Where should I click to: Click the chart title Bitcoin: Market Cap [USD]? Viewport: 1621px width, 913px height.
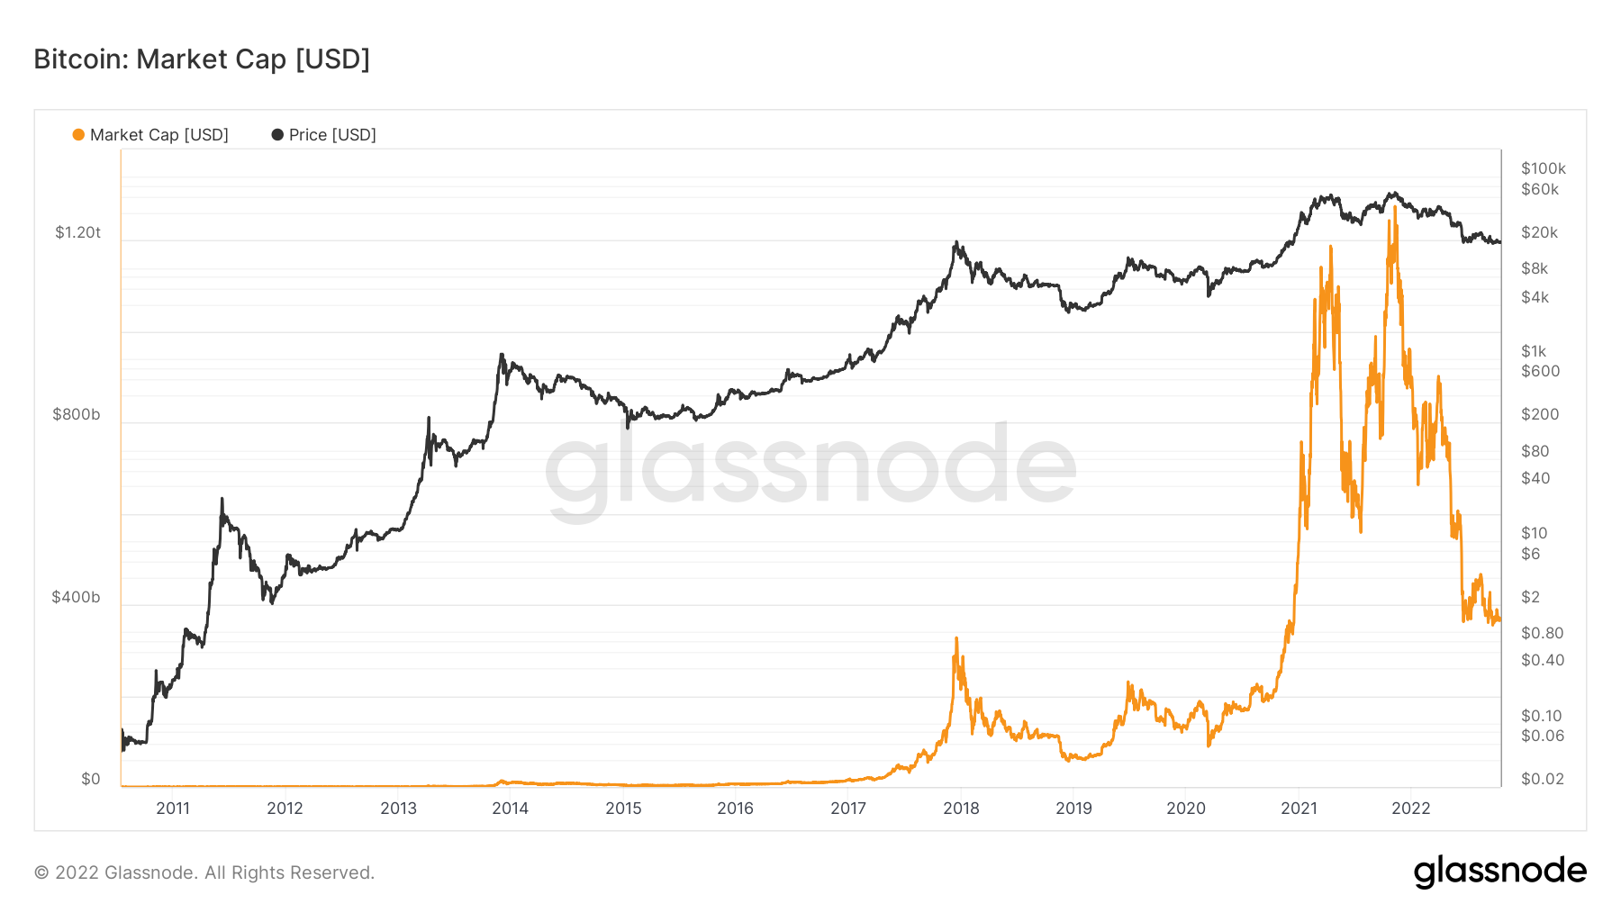(x=202, y=59)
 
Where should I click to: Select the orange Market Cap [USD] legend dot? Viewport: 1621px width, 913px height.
(x=78, y=135)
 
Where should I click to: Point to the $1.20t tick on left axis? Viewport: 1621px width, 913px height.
(x=77, y=232)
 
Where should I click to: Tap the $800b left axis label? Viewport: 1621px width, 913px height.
(x=76, y=414)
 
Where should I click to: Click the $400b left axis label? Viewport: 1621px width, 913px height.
(x=76, y=597)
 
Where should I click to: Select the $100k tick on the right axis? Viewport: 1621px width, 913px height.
(x=1543, y=168)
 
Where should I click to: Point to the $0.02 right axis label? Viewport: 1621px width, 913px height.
(x=1542, y=779)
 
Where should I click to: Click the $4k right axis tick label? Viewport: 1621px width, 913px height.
(x=1535, y=297)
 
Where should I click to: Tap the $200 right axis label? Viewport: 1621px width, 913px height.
(x=1539, y=414)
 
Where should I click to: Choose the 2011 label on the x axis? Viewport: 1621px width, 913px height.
(x=173, y=808)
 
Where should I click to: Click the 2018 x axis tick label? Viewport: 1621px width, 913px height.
(x=961, y=808)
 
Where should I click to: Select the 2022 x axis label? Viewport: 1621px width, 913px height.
(x=1410, y=808)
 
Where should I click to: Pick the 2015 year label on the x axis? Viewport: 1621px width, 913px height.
(x=623, y=808)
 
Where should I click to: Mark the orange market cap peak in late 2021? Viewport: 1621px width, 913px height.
(x=1395, y=208)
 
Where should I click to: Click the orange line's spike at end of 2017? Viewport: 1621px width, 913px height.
(x=956, y=638)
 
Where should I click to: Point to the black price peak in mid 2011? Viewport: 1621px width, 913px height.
(x=222, y=499)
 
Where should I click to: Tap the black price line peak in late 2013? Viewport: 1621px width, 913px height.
(x=502, y=355)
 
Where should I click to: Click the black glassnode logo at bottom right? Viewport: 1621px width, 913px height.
(x=1499, y=872)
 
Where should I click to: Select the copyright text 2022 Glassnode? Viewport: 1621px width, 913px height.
(x=204, y=872)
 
